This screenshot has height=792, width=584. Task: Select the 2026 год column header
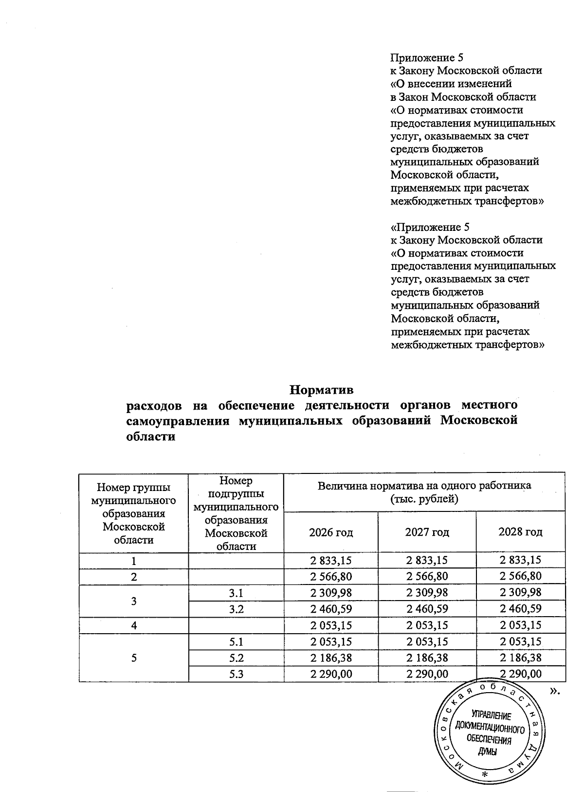331,532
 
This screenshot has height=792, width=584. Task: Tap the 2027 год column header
427,532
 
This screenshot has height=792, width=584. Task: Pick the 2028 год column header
520,532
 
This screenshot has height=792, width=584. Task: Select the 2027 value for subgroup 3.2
427,609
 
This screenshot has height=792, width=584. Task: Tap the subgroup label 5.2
236,658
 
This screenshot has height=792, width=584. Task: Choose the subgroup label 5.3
236,674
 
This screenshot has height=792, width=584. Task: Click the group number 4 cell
134,625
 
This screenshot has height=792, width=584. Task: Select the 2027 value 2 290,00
427,674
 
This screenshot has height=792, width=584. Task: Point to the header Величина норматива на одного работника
424,486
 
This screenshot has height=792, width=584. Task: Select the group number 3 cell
134,601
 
